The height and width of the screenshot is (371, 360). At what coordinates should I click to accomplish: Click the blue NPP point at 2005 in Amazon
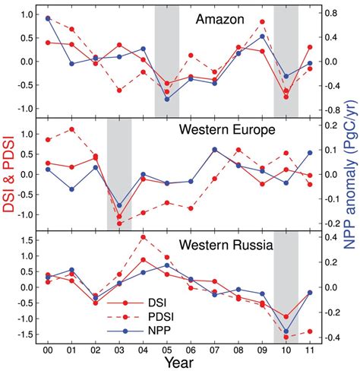[x=167, y=99]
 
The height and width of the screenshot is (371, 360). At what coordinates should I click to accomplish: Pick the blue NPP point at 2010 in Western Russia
[x=286, y=331]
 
